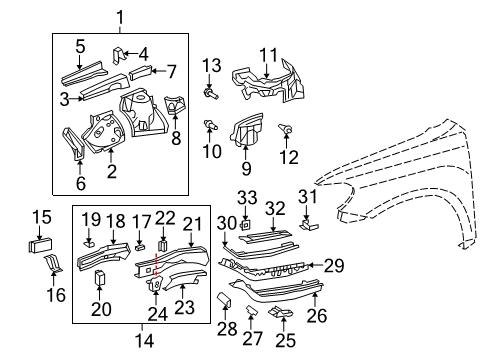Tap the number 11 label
tap(267, 54)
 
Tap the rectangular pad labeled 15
tap(43, 244)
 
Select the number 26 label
tap(317, 317)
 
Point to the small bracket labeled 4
tap(118, 51)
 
